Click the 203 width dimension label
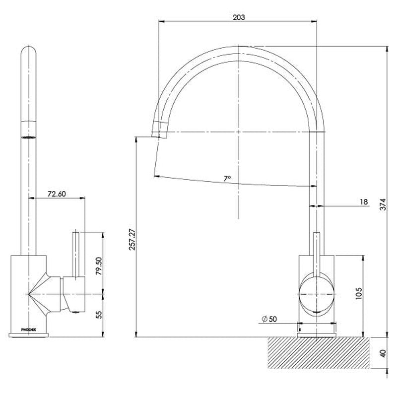pos(238,17)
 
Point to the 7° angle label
pos(227,177)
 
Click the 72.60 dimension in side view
pos(56,194)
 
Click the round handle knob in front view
pos(317,294)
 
